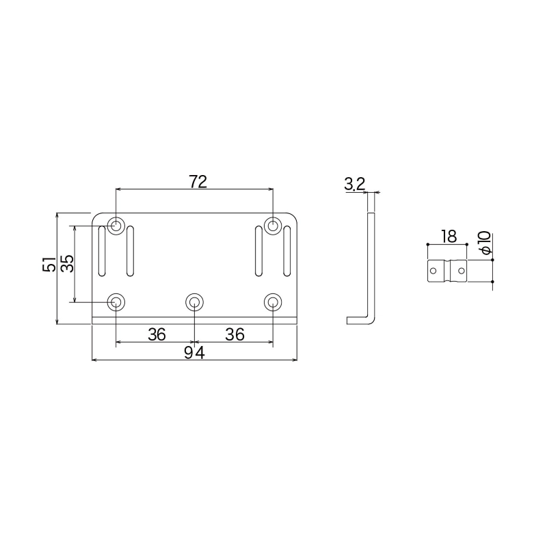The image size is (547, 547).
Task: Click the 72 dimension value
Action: coord(198,182)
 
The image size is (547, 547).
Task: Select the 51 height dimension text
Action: coord(49,264)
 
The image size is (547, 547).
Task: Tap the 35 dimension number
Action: coord(67,263)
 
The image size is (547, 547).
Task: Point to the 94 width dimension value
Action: coord(194,353)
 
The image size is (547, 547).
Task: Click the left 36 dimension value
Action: coord(157,334)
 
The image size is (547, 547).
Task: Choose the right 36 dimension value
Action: coord(235,334)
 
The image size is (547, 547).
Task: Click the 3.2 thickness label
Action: coord(354,184)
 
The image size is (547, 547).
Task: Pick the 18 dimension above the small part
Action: coord(449,237)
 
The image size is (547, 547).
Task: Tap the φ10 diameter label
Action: coord(485,243)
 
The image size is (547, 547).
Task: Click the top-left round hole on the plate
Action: coord(116,226)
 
